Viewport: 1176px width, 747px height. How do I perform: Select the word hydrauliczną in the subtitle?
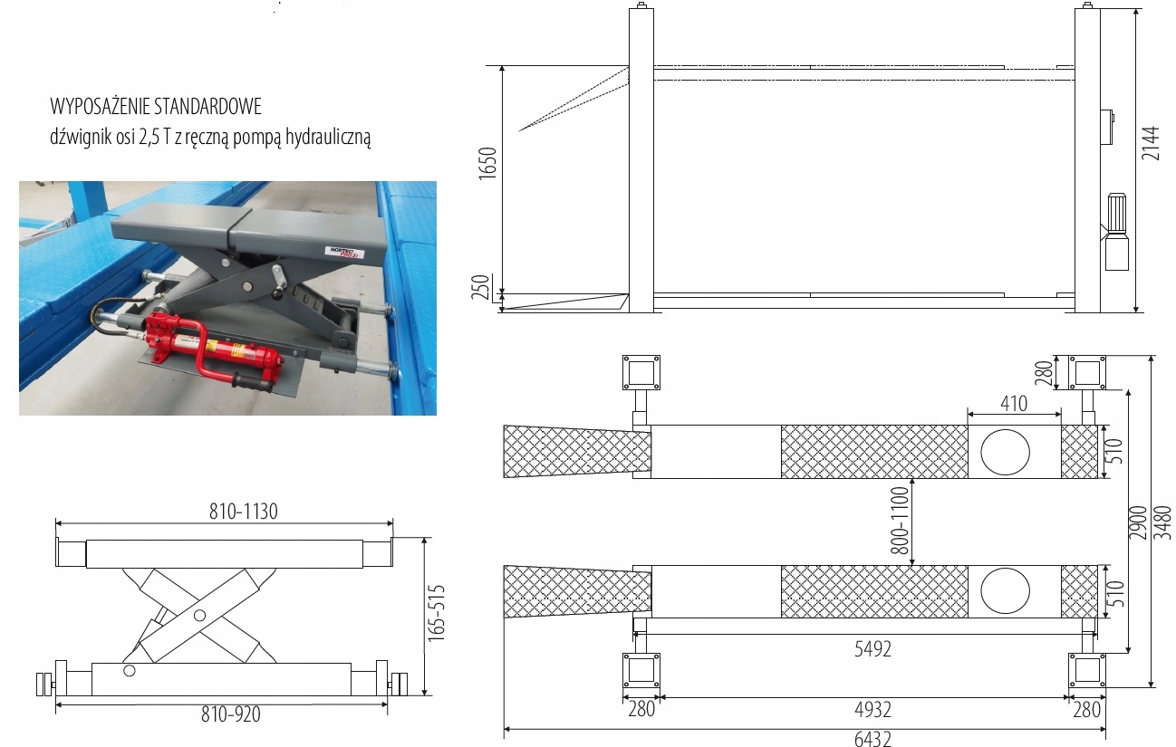coord(328,138)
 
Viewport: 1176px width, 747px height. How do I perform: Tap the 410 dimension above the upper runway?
coord(1014,403)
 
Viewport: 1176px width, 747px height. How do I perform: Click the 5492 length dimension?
coord(872,649)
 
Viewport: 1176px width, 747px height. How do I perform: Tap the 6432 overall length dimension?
coord(872,738)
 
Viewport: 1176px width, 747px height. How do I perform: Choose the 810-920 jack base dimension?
coord(230,714)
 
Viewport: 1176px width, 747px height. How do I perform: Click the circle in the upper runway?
coord(1005,451)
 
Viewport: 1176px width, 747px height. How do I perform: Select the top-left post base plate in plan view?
coord(641,372)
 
